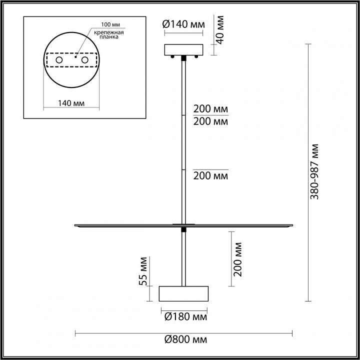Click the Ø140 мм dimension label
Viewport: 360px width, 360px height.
(184, 23)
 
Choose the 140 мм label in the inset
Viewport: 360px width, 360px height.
(70, 103)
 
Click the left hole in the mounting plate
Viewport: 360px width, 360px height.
(59, 60)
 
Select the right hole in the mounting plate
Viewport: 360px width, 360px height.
(85, 60)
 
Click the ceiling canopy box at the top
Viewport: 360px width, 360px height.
(184, 49)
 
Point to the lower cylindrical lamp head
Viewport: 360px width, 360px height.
(183, 294)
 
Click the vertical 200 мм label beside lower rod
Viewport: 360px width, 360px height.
(238, 259)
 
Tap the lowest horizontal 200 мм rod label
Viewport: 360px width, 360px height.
(210, 175)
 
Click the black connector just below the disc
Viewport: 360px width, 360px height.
(184, 230)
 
